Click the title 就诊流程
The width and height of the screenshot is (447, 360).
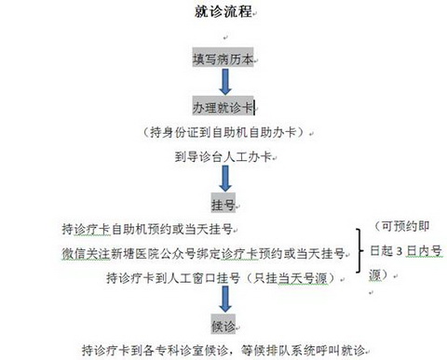(x=223, y=12)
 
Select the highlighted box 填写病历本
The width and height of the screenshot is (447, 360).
(x=223, y=58)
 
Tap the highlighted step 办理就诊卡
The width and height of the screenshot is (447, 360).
(x=223, y=106)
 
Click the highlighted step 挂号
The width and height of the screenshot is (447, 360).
(x=223, y=204)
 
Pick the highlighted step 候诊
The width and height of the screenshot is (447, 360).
(x=223, y=325)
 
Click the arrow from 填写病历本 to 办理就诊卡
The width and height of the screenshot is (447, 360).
(x=225, y=82)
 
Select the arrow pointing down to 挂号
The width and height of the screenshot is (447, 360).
(x=225, y=179)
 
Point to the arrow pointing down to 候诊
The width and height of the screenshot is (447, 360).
(x=225, y=300)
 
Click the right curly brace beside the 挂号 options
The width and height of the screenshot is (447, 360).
(x=359, y=251)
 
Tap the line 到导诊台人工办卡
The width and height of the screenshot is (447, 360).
(x=223, y=156)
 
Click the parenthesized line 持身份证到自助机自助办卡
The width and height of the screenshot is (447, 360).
(x=223, y=132)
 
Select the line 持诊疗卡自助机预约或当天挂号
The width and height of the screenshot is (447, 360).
(x=147, y=229)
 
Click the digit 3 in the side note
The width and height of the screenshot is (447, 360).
(x=400, y=251)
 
